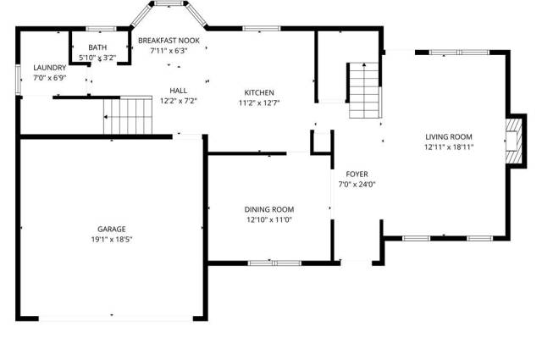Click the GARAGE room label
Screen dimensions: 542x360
click(x=111, y=229)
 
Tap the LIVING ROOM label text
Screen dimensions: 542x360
click(x=449, y=136)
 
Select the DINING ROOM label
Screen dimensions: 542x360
click(x=269, y=209)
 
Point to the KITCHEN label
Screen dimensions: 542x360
click(x=259, y=92)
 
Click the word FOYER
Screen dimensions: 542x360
click(x=357, y=174)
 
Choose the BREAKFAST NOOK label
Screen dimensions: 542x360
click(x=169, y=41)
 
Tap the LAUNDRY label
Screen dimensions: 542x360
click(x=50, y=68)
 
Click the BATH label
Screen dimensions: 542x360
click(x=97, y=47)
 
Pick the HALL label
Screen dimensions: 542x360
click(x=179, y=91)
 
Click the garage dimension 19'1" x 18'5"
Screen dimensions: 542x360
click(x=112, y=240)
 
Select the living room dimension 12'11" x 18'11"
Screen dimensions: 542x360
click(x=449, y=147)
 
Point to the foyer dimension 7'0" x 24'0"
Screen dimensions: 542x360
click(x=357, y=185)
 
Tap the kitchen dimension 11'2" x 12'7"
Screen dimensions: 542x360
click(x=259, y=102)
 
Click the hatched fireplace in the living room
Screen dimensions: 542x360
click(x=514, y=141)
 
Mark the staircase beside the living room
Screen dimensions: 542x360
click(x=364, y=91)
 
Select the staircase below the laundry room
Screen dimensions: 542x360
click(x=128, y=115)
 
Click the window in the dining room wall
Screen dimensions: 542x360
click(x=274, y=263)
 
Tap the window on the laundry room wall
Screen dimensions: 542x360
click(x=19, y=79)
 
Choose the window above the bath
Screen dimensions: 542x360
click(x=101, y=29)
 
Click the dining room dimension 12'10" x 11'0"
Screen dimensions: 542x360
click(x=269, y=219)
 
